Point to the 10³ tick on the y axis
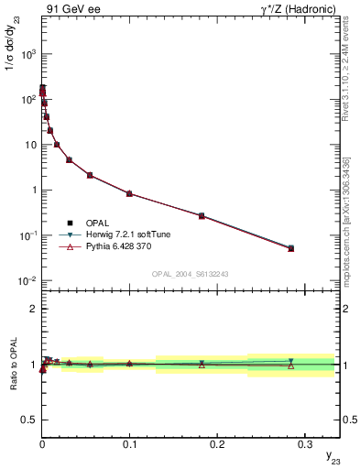tap(28, 54)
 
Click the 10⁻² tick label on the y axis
tap(27, 280)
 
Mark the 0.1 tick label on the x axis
tap(129, 441)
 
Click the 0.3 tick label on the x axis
tap(303, 441)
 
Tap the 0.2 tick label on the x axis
tap(216, 441)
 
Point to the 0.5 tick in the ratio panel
tap(29, 420)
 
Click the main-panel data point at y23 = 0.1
tap(129, 193)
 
